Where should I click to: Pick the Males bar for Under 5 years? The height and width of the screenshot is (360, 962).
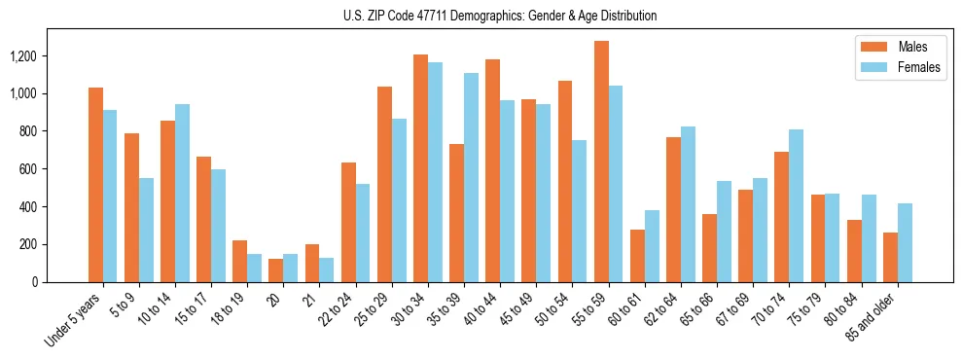(x=95, y=185)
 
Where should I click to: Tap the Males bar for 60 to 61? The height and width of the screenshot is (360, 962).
(x=637, y=256)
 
